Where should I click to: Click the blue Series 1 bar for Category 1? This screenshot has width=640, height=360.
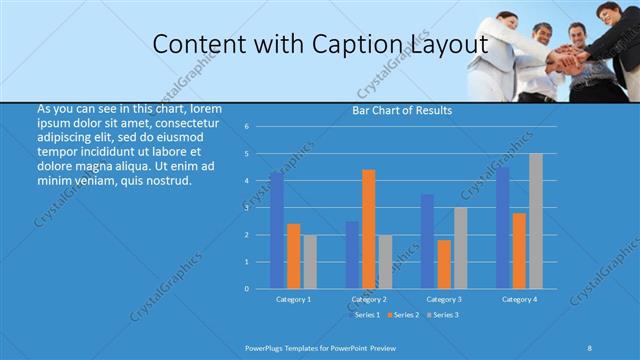click(x=276, y=230)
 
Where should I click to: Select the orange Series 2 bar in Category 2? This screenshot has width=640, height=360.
click(x=369, y=229)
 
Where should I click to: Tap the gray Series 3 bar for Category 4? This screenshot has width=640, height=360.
click(x=536, y=221)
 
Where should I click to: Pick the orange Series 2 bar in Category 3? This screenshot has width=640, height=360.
click(x=444, y=264)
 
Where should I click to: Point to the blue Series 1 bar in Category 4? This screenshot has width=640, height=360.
click(x=502, y=227)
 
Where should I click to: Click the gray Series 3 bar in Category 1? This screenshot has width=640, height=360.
click(x=310, y=262)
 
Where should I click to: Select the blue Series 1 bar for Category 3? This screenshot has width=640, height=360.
click(x=427, y=241)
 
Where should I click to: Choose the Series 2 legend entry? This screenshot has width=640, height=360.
click(x=404, y=315)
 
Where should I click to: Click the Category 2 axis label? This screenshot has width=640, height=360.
click(x=369, y=299)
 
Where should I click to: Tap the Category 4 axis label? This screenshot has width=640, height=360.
click(x=519, y=299)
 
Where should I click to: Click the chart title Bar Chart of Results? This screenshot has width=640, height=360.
click(x=402, y=110)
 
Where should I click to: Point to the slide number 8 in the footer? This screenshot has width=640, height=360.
click(x=589, y=347)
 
